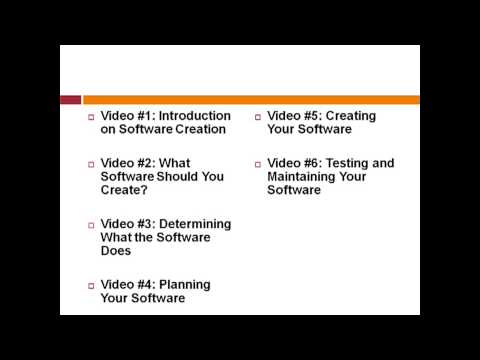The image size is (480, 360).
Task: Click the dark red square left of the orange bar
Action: [x=70, y=100]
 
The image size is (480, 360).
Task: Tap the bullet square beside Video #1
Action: [x=90, y=117]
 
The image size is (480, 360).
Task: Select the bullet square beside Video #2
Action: [x=90, y=164]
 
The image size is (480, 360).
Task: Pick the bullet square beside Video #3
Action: [x=90, y=224]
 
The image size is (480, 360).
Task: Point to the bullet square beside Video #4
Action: [x=90, y=285]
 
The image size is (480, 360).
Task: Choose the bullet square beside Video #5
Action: [x=257, y=117]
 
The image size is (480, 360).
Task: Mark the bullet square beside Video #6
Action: [x=257, y=164]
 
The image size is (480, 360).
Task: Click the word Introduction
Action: [x=194, y=116]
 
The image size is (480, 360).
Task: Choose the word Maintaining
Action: [x=303, y=176]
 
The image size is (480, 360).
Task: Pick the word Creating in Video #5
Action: [x=352, y=116]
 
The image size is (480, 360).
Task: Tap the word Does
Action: [x=117, y=250]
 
